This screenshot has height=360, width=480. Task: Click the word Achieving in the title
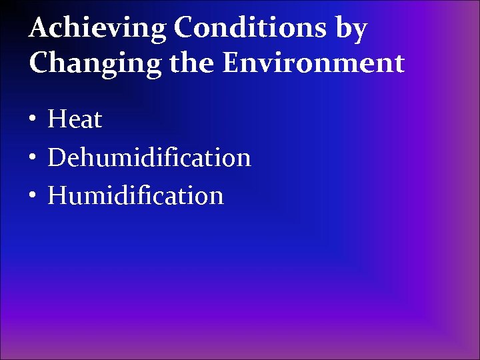coord(98,29)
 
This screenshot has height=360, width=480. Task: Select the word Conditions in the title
coord(249,28)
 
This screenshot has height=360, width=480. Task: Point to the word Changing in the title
coord(91,64)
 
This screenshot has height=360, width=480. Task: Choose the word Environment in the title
coord(313,63)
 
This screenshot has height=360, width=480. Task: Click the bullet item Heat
coord(75,120)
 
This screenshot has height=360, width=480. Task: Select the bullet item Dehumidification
coord(149,158)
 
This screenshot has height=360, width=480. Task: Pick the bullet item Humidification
coord(135,196)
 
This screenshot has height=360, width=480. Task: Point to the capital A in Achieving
coord(39,28)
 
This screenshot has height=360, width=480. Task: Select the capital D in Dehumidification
coord(58,158)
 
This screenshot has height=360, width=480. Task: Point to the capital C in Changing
coord(39,63)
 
